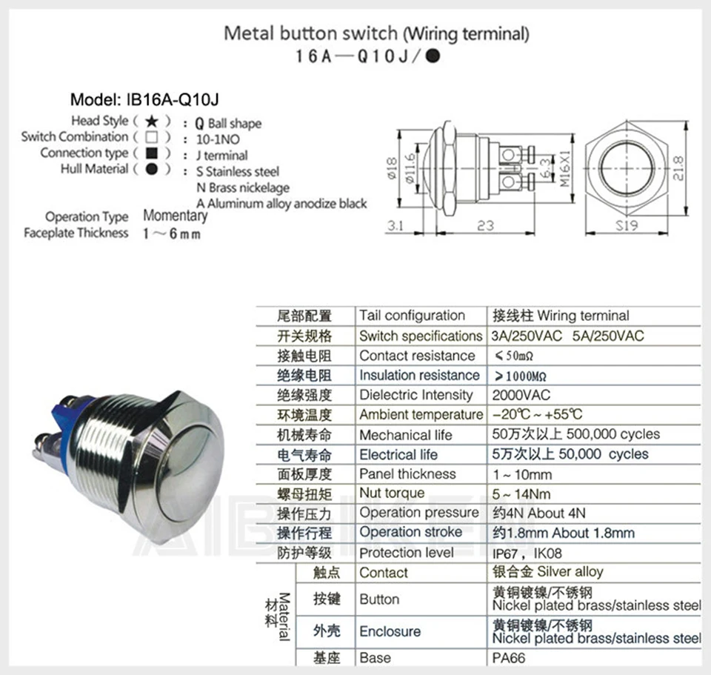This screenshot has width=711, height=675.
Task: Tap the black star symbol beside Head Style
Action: [x=151, y=121]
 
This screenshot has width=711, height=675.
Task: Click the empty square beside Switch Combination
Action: [x=151, y=137]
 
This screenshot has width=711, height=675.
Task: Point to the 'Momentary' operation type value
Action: [x=175, y=216]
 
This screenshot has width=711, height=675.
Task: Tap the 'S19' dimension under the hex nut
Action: [x=627, y=225]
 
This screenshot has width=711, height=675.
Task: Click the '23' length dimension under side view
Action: [x=485, y=225]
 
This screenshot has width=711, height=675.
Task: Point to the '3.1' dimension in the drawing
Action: [x=396, y=225]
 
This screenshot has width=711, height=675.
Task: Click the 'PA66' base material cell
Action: [x=508, y=657]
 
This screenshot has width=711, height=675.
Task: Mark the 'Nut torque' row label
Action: [x=392, y=493]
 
